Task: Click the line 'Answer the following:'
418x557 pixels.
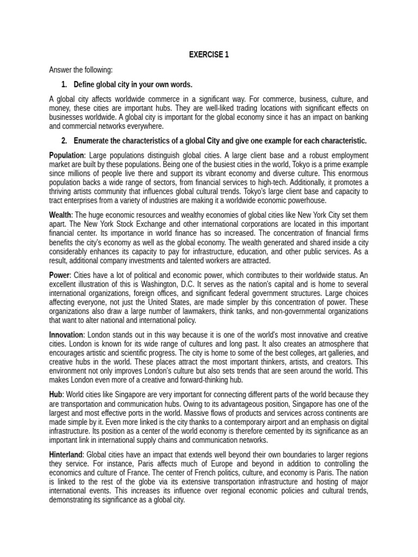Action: coord(81,70)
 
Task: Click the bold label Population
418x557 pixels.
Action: coord(66,156)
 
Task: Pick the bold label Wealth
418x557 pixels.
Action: coord(60,215)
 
